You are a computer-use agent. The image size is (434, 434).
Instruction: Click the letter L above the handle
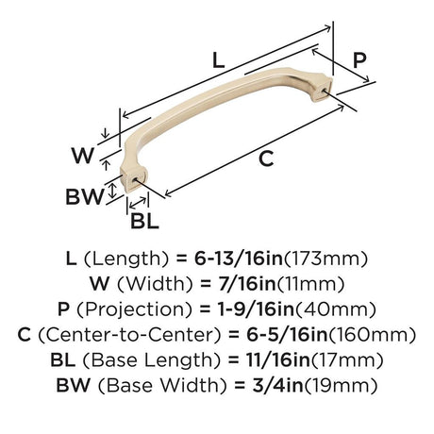pos(217,59)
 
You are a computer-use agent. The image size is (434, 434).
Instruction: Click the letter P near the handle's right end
pos(360,59)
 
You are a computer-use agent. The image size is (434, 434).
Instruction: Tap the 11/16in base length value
pos(268,359)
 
